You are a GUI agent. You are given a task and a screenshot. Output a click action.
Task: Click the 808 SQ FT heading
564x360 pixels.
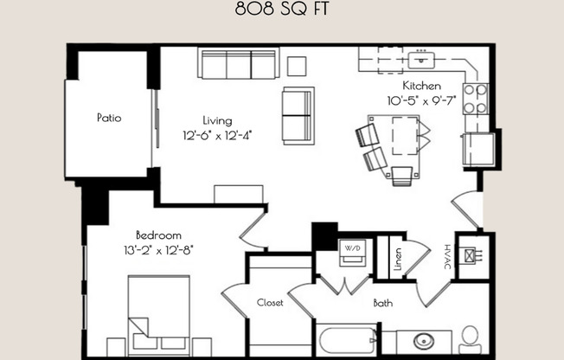281,11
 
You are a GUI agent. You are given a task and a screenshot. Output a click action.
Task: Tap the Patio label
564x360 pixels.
108,118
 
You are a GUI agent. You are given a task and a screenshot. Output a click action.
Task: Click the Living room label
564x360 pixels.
217,120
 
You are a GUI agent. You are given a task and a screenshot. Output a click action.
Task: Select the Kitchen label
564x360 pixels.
422,87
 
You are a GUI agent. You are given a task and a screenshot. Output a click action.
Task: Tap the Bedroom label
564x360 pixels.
158,235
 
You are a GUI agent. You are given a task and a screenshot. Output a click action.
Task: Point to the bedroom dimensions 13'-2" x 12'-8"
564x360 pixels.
158,249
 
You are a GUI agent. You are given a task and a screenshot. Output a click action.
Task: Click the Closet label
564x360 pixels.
270,302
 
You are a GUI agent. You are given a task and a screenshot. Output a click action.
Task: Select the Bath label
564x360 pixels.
383,303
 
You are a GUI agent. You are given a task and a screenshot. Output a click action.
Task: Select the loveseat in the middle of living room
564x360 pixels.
297,116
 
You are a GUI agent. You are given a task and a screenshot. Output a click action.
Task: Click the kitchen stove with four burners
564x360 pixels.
475,99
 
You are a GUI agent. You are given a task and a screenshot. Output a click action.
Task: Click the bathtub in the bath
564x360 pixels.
347,340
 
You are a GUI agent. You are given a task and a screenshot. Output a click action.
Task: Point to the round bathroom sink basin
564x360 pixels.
425,340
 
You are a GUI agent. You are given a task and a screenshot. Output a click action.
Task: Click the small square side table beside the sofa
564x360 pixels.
297,66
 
